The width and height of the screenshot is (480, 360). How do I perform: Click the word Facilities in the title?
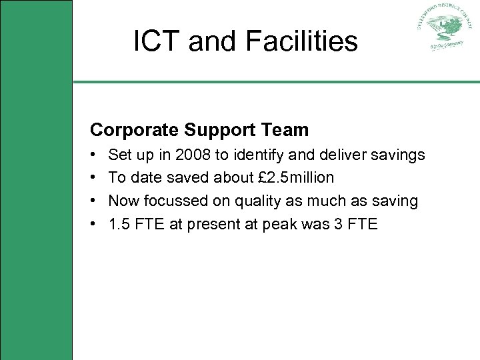tap(301, 41)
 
